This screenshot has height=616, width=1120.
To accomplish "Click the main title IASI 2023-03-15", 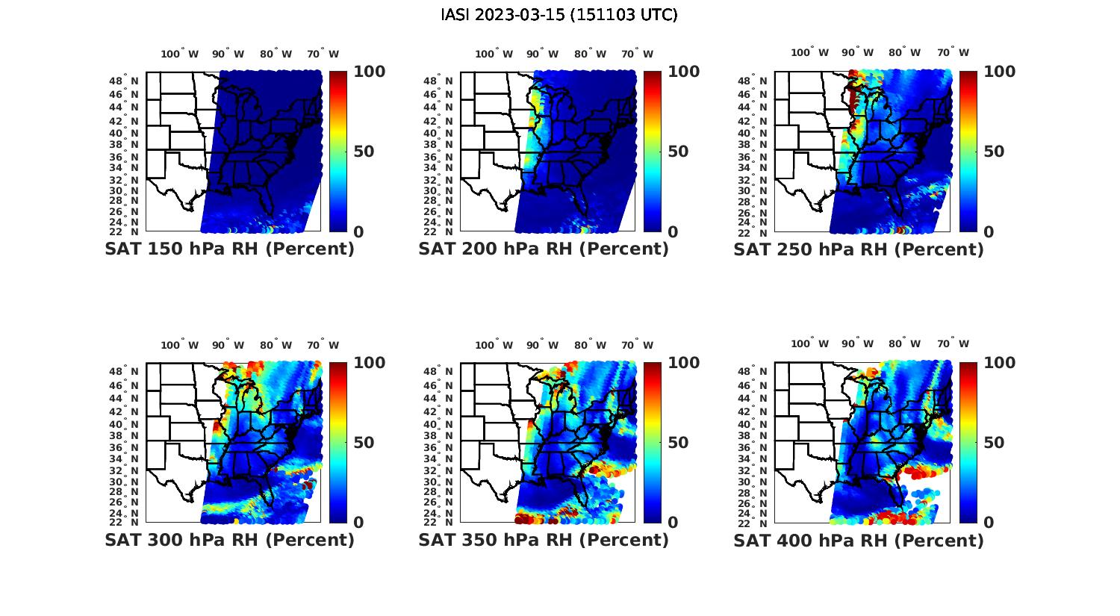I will tap(559, 15).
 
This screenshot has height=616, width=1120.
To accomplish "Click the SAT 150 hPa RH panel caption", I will tap(229, 249).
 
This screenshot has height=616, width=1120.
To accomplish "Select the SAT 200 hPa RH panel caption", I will tap(544, 249).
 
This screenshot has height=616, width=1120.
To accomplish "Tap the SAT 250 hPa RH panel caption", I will tap(859, 249).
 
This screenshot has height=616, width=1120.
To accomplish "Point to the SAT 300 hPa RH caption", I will tap(229, 540).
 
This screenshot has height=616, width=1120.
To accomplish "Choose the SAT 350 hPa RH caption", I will tap(544, 540).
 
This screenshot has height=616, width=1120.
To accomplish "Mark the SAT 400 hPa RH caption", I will tap(859, 540).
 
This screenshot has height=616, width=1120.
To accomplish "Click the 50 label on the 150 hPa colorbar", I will tap(364, 152).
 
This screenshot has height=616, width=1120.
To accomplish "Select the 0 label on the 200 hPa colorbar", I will tap(673, 232).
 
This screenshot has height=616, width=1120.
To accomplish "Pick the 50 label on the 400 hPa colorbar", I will tap(993, 443).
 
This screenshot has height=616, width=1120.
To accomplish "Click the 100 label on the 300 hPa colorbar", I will tap(370, 363).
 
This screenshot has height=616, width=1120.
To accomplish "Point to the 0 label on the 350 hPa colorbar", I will tap(673, 523).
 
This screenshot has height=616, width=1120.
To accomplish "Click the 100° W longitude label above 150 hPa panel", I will tap(180, 54).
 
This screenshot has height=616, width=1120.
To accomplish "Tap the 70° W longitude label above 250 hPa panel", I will tap(953, 52).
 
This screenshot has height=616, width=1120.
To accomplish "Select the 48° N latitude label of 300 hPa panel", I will tap(125, 372).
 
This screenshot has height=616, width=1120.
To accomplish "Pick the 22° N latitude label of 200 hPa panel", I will tap(439, 231).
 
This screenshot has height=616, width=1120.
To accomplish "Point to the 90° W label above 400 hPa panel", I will tap(859, 343).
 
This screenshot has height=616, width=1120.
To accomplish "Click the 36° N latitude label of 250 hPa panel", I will tap(753, 157).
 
